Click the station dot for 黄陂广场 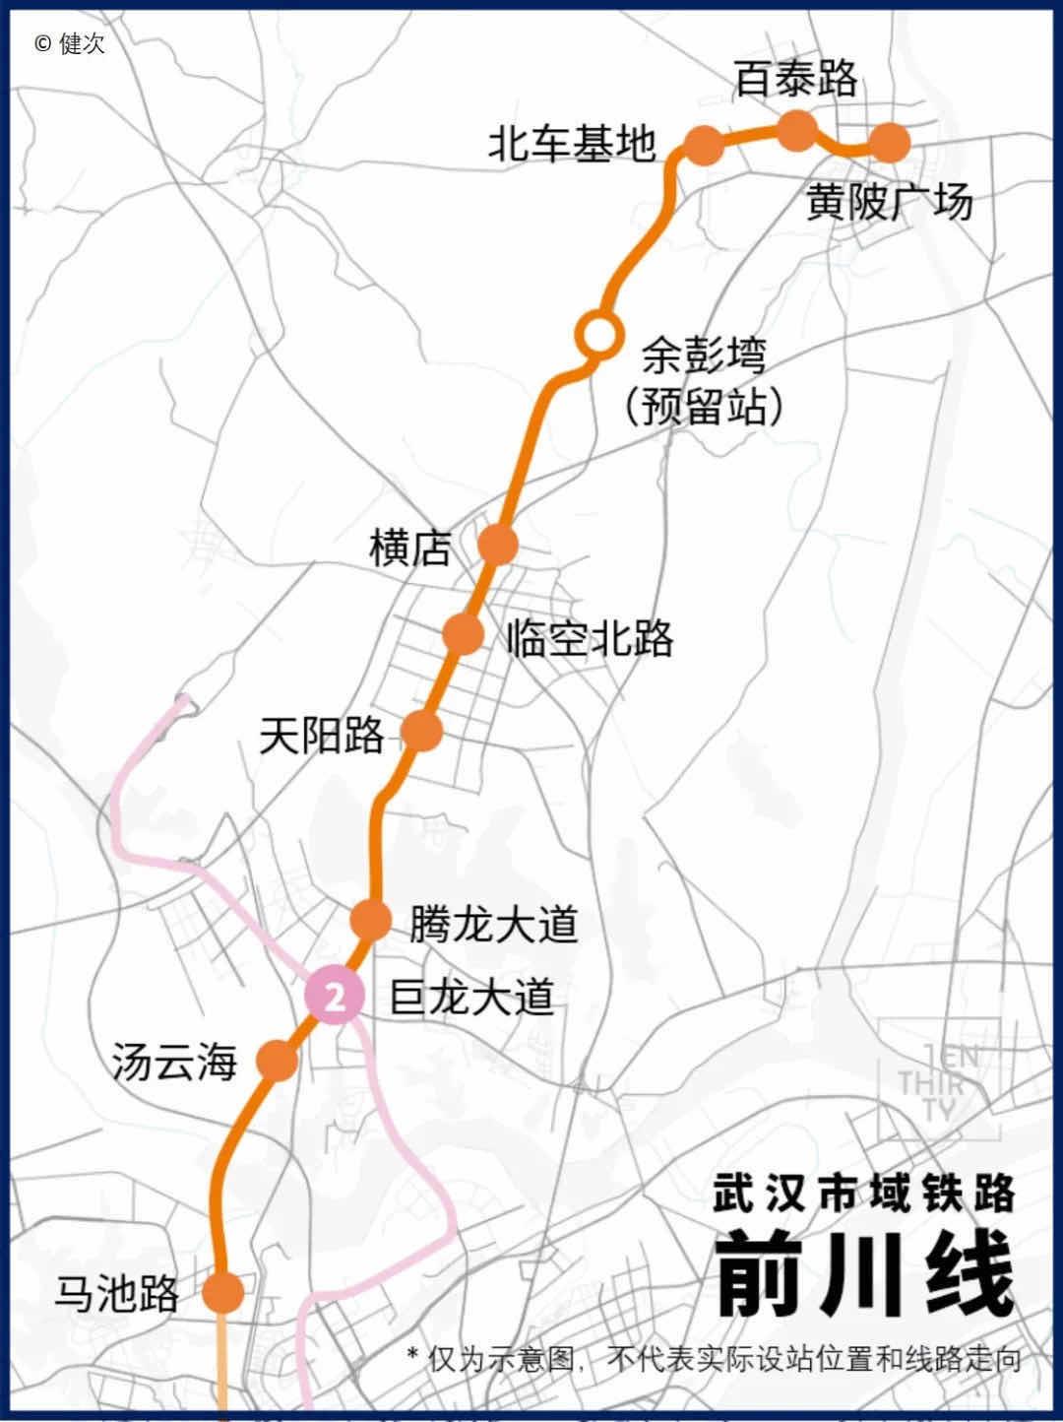[890, 143]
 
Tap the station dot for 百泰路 [797, 131]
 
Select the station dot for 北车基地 [703, 146]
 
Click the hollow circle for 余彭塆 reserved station [597, 335]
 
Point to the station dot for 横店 [498, 544]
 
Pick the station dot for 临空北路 [463, 633]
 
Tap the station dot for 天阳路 [422, 731]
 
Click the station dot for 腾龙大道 [371, 919]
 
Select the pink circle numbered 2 [335, 997]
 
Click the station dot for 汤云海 [277, 1061]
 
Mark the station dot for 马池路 [223, 1291]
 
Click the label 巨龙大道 [472, 997]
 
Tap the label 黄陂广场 [890, 203]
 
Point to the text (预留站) [705, 406]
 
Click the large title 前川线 [864, 1275]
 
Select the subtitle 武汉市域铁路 [864, 1194]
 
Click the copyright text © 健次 [69, 43]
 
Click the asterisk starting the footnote [413, 1354]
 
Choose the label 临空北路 [591, 639]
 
